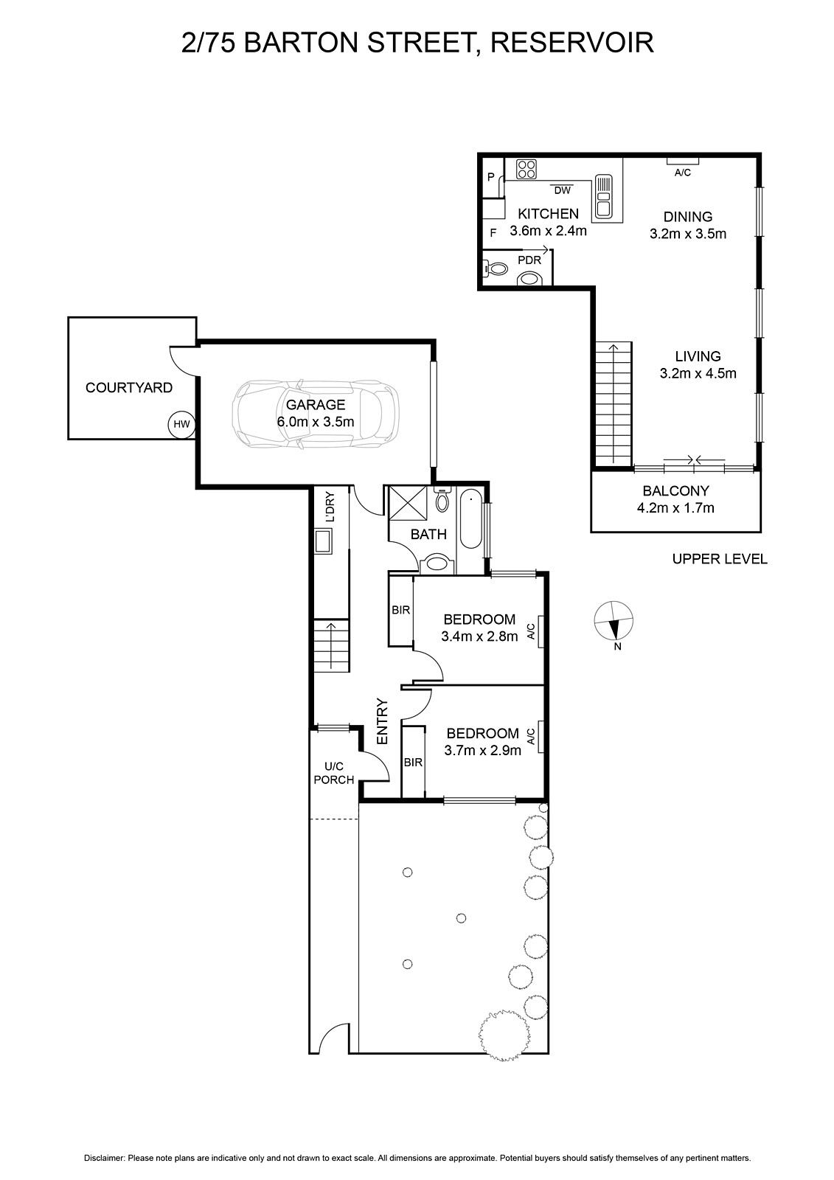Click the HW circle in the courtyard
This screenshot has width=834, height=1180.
pyautogui.click(x=181, y=424)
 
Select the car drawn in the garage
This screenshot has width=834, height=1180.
pyautogui.click(x=316, y=413)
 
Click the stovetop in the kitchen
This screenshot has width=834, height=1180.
pyautogui.click(x=527, y=169)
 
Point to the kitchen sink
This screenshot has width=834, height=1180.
pyautogui.click(x=602, y=196)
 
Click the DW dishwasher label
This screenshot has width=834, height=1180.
pyautogui.click(x=562, y=191)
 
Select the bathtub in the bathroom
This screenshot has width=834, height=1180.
pyautogui.click(x=471, y=520)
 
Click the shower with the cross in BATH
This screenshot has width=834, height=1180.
pyautogui.click(x=408, y=504)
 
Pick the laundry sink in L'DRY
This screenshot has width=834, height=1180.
pyautogui.click(x=323, y=541)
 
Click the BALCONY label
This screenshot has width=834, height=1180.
pyautogui.click(x=675, y=491)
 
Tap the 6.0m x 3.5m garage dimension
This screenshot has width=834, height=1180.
pyautogui.click(x=316, y=422)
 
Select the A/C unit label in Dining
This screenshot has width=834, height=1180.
pyautogui.click(x=683, y=173)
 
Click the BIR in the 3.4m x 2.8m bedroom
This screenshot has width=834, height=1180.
pyautogui.click(x=401, y=610)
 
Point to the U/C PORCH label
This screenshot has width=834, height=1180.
pyautogui.click(x=334, y=774)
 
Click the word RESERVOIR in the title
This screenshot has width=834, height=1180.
pyautogui.click(x=572, y=43)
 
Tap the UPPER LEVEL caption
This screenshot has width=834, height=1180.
pyautogui.click(x=720, y=559)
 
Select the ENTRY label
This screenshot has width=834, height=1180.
pyautogui.click(x=382, y=721)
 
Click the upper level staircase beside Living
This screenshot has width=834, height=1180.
pyautogui.click(x=614, y=403)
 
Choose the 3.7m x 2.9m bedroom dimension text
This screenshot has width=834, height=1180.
pyautogui.click(x=482, y=750)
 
